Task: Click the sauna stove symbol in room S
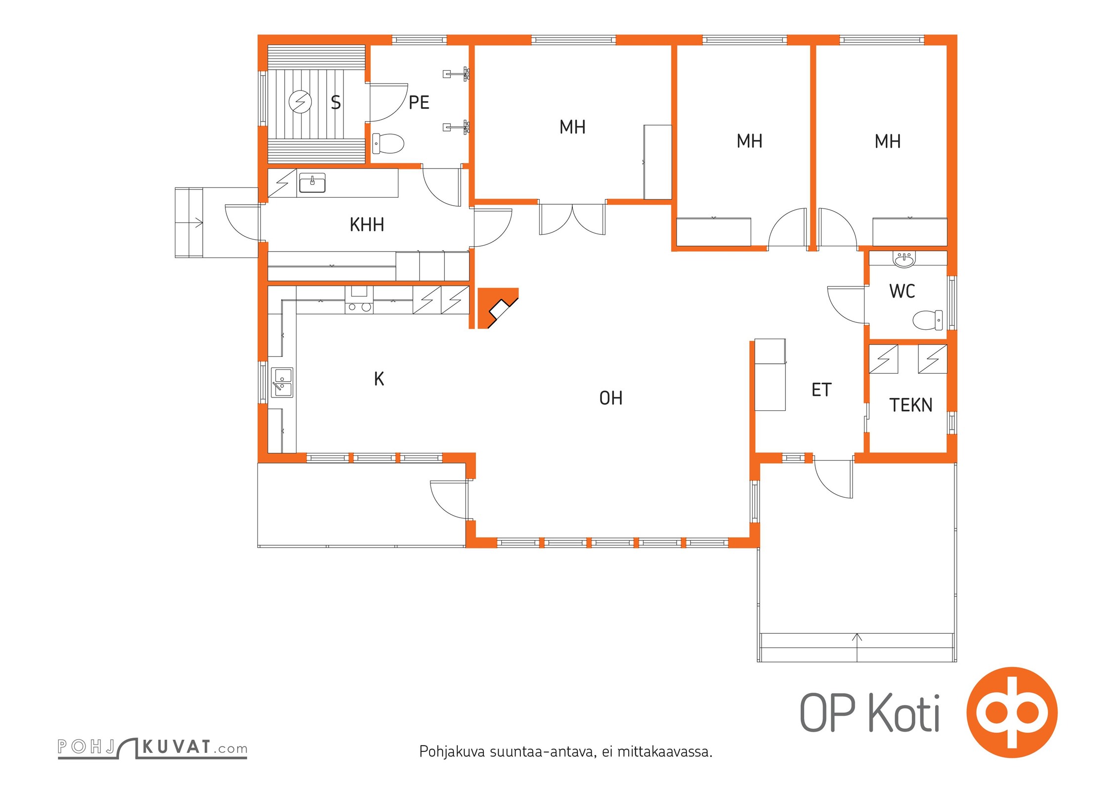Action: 301,102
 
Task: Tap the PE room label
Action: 419,103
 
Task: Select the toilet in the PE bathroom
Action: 388,143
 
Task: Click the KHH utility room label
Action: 367,225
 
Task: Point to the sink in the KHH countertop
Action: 312,183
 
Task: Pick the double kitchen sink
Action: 282,383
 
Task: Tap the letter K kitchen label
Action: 379,379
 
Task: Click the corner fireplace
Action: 497,308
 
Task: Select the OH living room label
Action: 611,398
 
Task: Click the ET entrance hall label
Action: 821,390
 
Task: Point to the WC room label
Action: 902,291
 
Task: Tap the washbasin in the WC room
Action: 904,260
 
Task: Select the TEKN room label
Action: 911,405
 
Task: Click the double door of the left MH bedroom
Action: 572,219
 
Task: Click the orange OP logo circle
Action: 1012,712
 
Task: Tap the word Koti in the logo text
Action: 904,713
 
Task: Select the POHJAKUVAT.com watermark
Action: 152,747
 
